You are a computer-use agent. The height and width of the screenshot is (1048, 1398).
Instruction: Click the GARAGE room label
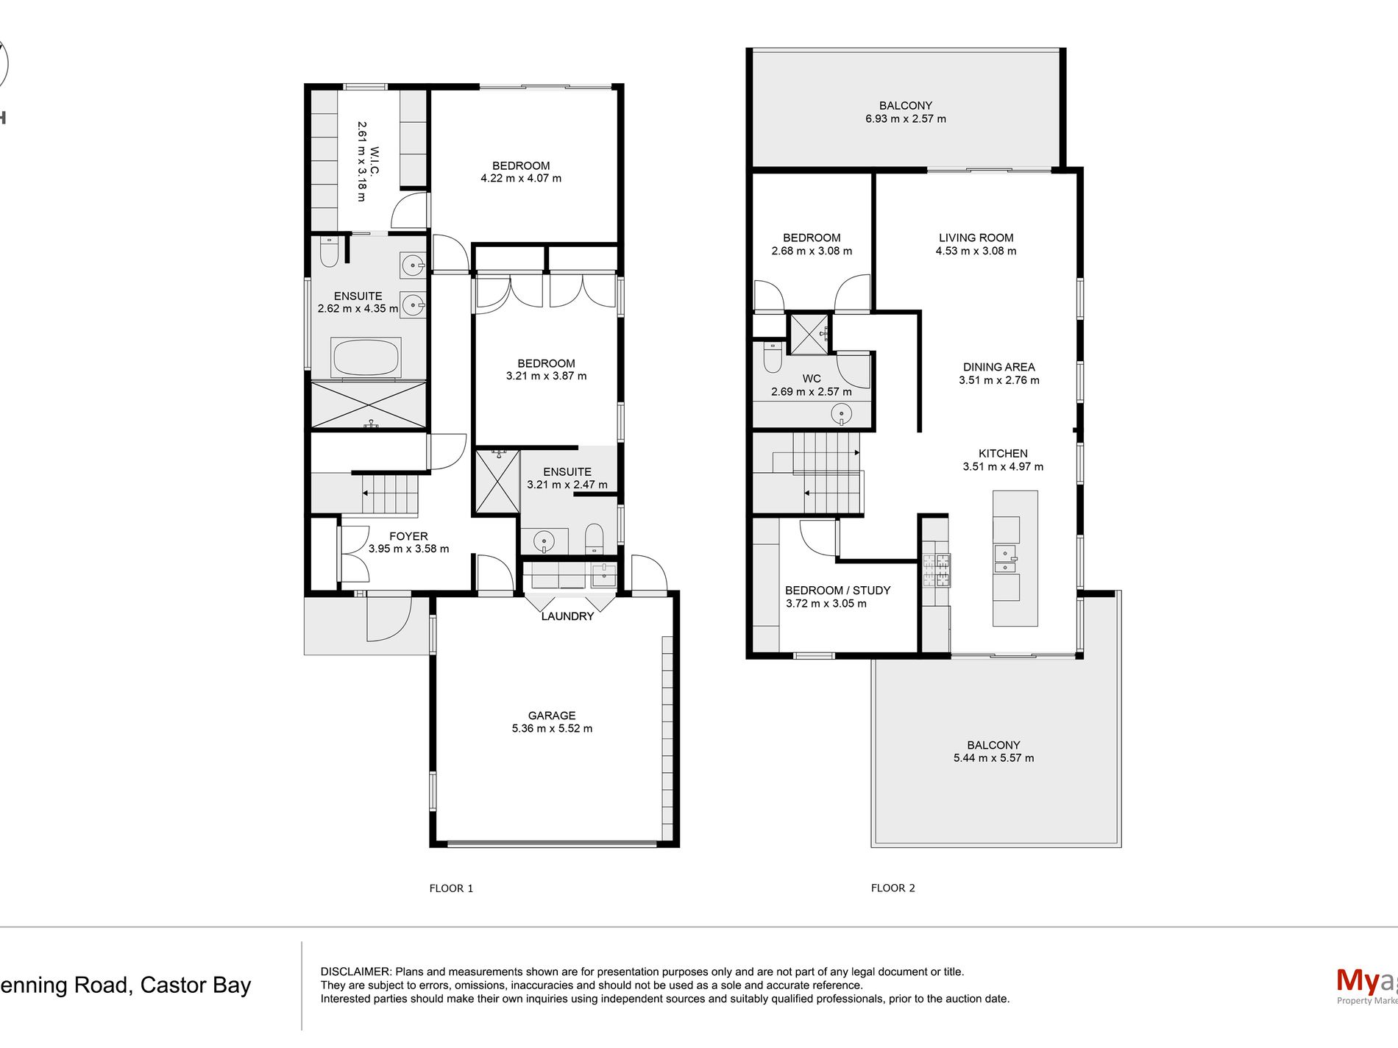(552, 716)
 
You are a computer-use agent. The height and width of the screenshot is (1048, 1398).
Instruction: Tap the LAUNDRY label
(567, 616)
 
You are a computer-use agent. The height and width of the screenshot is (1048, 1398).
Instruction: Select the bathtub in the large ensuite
(366, 357)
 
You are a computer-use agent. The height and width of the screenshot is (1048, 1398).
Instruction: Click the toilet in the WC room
(773, 357)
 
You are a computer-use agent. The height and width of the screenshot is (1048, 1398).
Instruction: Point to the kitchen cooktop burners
(936, 571)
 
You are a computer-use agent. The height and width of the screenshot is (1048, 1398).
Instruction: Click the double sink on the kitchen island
(1005, 559)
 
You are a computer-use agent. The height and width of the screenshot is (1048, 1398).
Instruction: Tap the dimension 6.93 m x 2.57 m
(906, 119)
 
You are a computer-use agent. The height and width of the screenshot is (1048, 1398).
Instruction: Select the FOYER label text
(408, 536)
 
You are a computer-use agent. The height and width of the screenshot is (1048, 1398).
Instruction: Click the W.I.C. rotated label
(375, 161)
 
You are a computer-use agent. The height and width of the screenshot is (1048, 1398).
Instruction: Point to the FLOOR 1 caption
(451, 888)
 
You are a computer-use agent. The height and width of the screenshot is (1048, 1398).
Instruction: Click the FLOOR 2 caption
(893, 888)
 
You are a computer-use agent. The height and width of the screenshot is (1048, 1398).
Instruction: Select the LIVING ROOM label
(976, 238)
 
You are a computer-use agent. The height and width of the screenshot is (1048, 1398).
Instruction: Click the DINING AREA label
(999, 367)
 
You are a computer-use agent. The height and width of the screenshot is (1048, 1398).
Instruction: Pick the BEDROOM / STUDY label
(838, 591)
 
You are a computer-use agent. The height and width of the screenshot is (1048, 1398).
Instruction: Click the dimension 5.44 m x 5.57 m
(994, 758)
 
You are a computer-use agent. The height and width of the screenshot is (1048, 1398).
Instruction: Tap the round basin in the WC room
(841, 415)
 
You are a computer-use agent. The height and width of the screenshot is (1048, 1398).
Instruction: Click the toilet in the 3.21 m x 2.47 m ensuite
(595, 538)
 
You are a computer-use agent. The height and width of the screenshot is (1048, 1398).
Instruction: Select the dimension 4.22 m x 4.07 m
(521, 179)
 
